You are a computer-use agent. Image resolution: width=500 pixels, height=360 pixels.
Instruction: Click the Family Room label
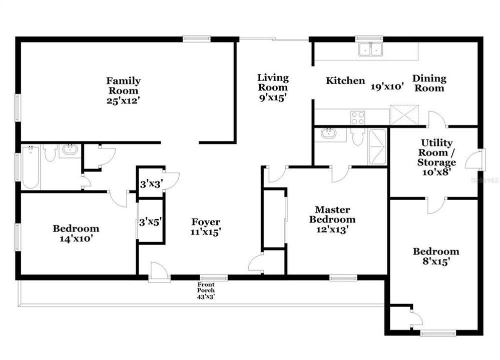click(123, 85)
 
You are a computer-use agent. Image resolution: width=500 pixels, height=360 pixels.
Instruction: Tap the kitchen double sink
click(370, 49)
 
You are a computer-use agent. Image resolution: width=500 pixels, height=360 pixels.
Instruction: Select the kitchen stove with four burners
click(357, 117)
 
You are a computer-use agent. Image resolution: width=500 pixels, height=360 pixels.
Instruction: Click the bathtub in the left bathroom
click(30, 168)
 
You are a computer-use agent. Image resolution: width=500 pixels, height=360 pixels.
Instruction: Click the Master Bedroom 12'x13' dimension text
click(332, 229)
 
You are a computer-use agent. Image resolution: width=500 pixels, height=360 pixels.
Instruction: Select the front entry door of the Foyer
click(159, 272)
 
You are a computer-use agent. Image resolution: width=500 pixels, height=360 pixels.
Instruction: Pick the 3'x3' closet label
click(150, 183)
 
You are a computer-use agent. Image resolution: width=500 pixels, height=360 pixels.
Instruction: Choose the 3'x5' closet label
click(150, 220)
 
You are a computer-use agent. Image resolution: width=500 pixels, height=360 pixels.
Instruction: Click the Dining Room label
click(429, 83)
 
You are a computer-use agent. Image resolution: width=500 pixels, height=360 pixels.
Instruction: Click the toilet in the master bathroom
click(357, 137)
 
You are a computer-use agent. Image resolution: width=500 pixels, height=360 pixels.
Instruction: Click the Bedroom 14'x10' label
click(76, 233)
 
